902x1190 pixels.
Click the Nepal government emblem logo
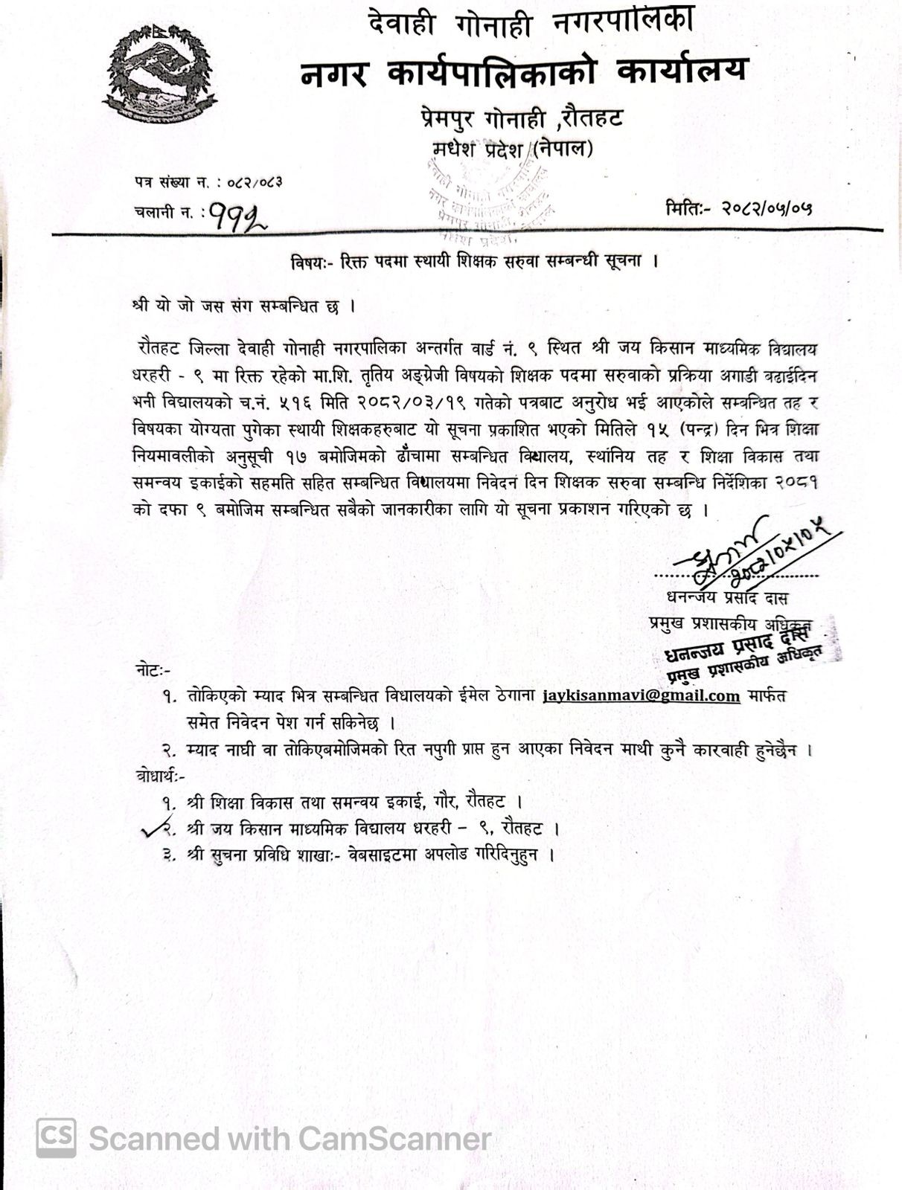(159, 73)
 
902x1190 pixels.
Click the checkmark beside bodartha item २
(155, 829)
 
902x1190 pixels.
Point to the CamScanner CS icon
(57, 1138)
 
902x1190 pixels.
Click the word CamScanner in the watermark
(394, 1139)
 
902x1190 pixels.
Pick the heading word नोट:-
(153, 670)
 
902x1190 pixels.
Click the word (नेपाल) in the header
(563, 149)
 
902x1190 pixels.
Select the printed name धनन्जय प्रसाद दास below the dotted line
(727, 598)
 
